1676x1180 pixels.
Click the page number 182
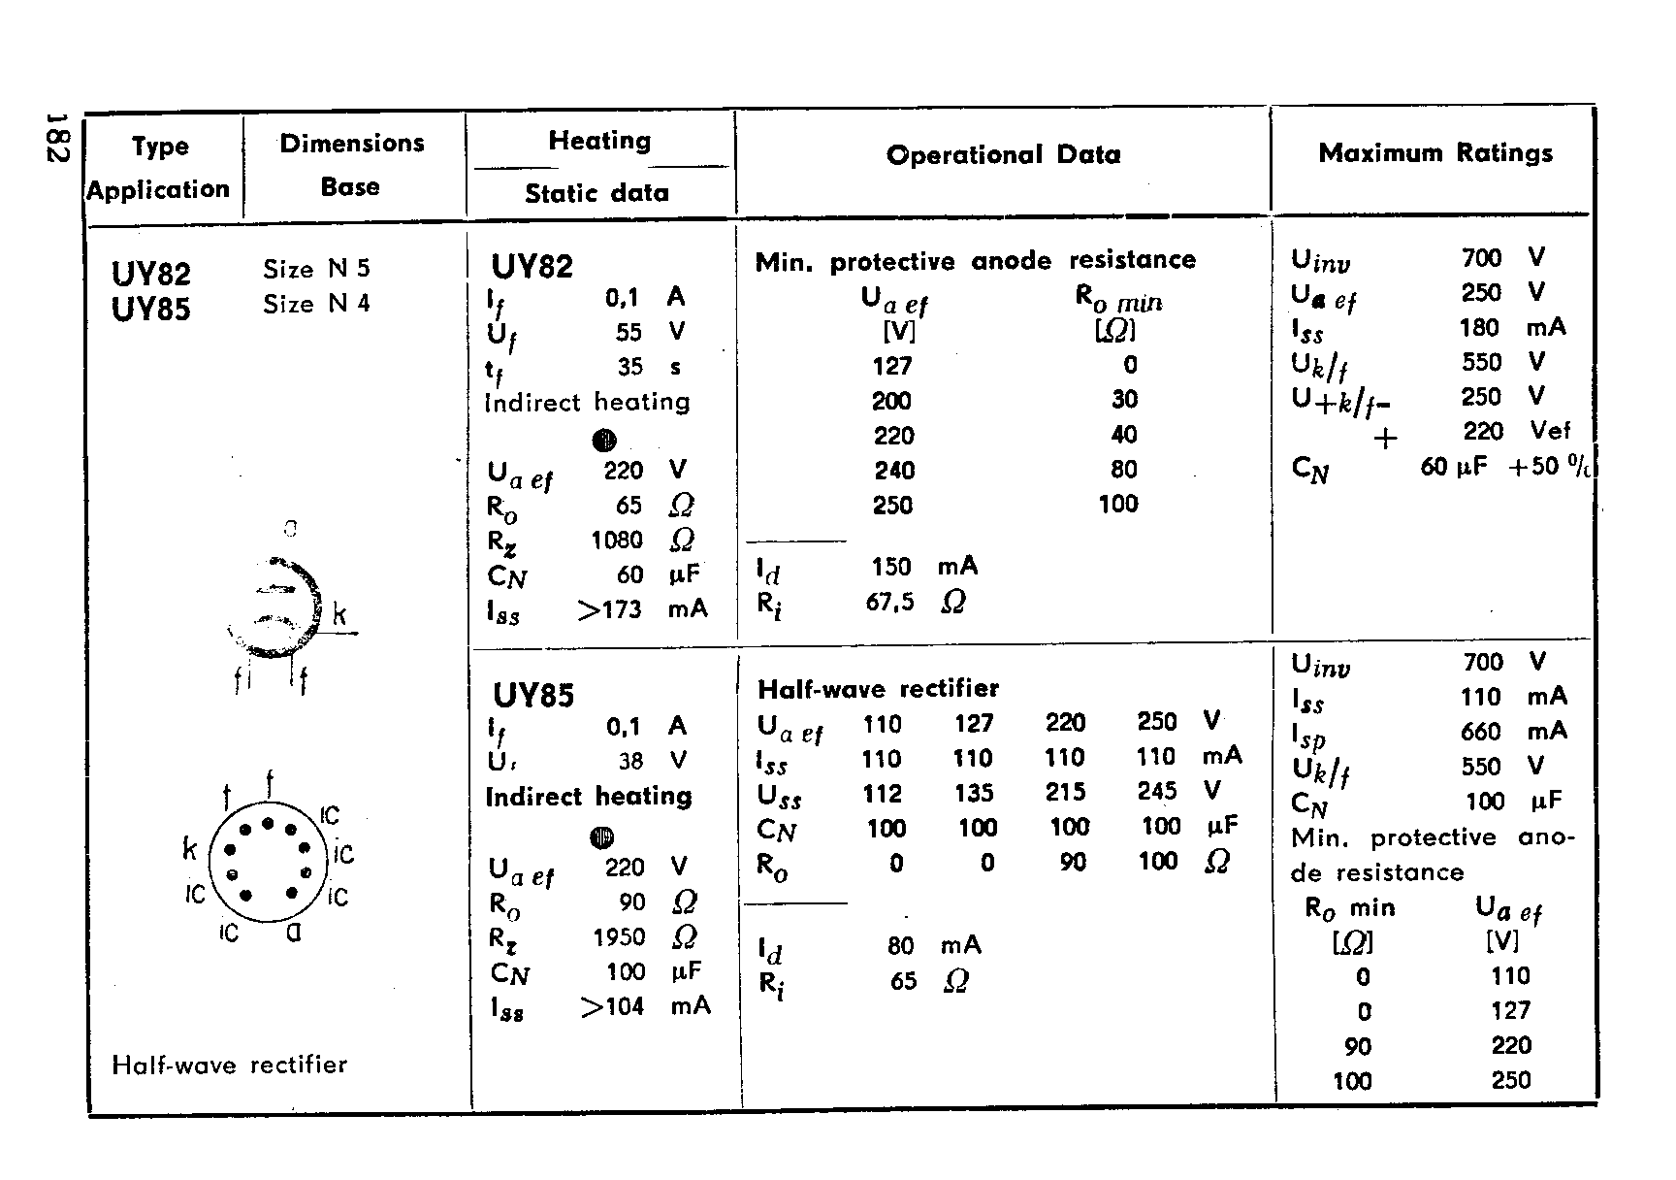pos(56,138)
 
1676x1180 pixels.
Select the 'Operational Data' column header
pos(1003,155)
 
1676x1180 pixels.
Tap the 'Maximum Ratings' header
pos(1435,153)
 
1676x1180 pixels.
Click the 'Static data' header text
pos(596,193)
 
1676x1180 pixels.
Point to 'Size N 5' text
pos(316,269)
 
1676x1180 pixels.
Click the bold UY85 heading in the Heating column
pos(533,695)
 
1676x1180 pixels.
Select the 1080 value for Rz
pos(617,540)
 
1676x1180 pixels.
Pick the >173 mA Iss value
pos(610,609)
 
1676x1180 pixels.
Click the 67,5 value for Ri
pos(889,602)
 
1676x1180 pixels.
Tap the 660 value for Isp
pos(1480,732)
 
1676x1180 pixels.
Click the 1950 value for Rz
pos(619,936)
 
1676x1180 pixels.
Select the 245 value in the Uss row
pos(1157,792)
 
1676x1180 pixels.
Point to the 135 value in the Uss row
pos(974,793)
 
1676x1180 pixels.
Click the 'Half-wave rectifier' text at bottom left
pos(230,1065)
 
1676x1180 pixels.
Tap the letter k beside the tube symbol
pos(339,614)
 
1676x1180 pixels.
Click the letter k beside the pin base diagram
pos(190,850)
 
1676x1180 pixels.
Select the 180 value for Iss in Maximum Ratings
pos(1479,327)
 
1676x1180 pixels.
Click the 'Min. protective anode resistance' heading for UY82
pos(975,260)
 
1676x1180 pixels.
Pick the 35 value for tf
pos(629,367)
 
